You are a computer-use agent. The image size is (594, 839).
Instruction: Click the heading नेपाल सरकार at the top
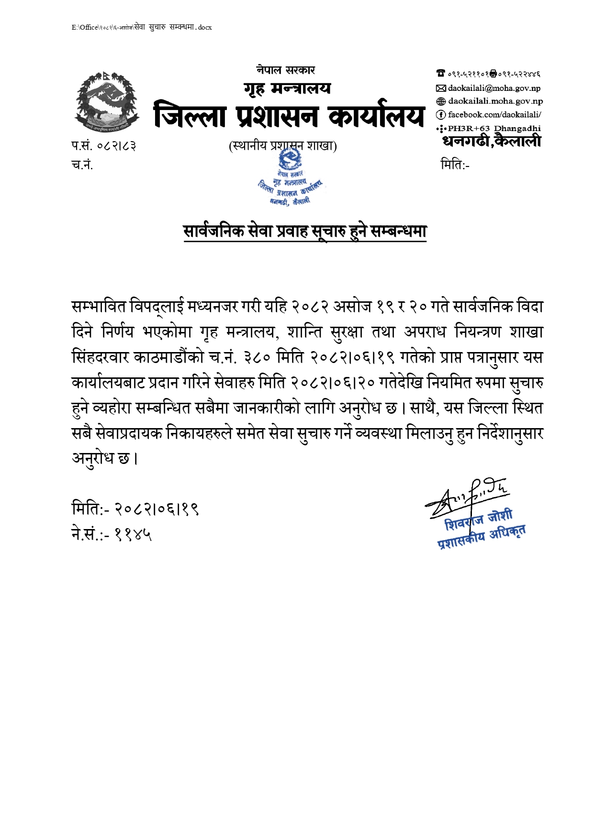tap(285, 70)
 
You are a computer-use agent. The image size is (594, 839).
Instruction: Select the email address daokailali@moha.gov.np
tap(494, 88)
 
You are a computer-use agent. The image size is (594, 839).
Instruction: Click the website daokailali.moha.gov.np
tap(495, 101)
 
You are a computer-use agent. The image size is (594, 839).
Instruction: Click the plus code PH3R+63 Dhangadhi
tap(494, 128)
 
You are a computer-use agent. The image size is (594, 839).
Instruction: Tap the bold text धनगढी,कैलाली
tap(492, 141)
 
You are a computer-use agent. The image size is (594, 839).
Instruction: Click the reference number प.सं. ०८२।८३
tap(103, 146)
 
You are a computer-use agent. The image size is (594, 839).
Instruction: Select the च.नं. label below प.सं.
tap(82, 165)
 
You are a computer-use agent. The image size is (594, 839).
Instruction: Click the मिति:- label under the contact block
tap(455, 165)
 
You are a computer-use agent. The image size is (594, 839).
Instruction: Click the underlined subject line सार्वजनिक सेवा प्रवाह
tap(305, 232)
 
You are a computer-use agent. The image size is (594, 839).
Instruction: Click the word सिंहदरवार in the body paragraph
tap(100, 357)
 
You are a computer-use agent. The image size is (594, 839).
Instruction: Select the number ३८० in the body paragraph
tap(258, 357)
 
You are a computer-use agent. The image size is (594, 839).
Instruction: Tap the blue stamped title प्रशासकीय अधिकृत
tap(482, 537)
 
